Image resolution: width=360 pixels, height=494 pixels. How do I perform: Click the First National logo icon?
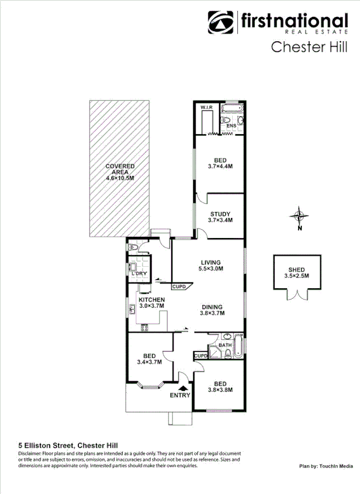(x=221, y=23)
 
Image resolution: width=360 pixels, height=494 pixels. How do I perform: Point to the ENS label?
(x=231, y=126)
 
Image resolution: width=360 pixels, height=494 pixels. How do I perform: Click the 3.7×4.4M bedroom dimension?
(x=220, y=166)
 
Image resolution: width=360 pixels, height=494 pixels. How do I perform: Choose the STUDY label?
(x=220, y=214)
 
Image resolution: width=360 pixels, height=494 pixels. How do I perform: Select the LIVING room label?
(x=211, y=262)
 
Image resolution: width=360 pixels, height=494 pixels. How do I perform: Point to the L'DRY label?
(x=140, y=274)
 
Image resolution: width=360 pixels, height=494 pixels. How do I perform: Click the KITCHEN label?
(x=152, y=299)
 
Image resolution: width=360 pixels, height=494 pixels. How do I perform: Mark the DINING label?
(x=213, y=306)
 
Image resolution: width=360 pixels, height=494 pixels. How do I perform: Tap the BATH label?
(x=225, y=345)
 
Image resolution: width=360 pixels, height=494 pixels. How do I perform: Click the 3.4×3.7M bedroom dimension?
(x=149, y=363)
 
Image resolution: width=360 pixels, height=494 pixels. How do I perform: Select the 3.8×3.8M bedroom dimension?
(x=220, y=390)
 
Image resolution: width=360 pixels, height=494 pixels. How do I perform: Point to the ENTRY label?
(x=180, y=396)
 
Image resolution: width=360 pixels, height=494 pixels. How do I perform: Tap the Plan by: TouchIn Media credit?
(x=326, y=466)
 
